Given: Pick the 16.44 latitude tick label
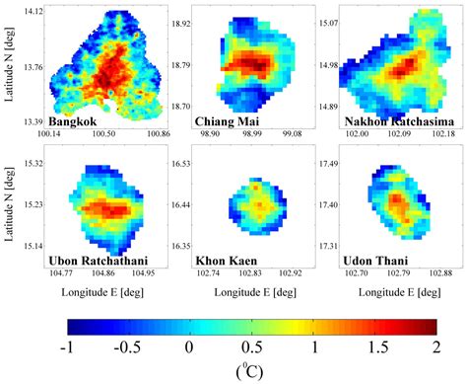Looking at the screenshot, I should pos(178,205).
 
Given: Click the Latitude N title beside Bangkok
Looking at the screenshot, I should pos(9,67).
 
